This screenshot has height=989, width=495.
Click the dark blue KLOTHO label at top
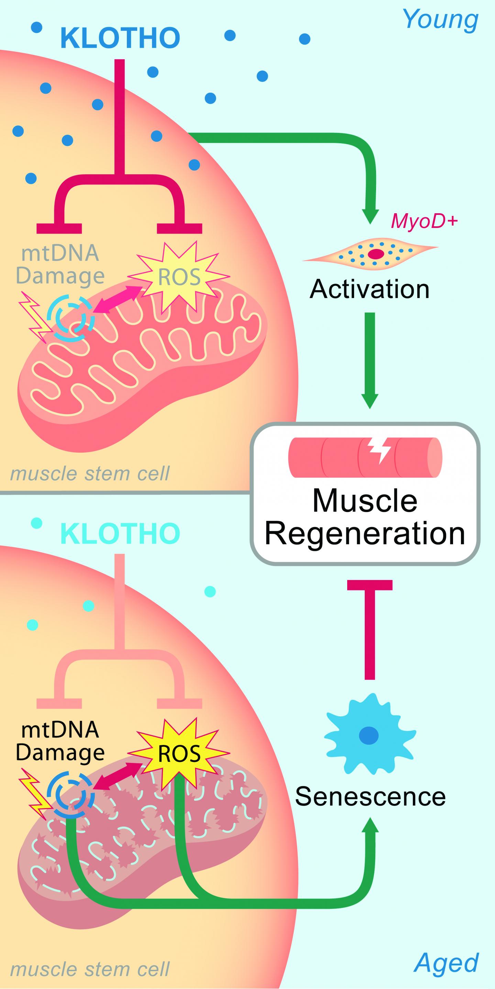pos(120,38)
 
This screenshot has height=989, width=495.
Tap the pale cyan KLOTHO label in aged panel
pos(120,534)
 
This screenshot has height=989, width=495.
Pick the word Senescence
pos(370,796)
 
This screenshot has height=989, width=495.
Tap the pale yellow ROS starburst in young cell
pos(179,276)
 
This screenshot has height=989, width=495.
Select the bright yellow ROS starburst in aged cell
pos(179,753)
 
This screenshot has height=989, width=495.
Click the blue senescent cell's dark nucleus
pos(368,736)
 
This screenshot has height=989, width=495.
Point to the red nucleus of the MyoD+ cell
pos(376,254)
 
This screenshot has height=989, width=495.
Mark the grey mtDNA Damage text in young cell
pos(60,264)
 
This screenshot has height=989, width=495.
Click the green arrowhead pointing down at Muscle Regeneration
pos(370,401)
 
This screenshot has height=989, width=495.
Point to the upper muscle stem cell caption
pos(89,474)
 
